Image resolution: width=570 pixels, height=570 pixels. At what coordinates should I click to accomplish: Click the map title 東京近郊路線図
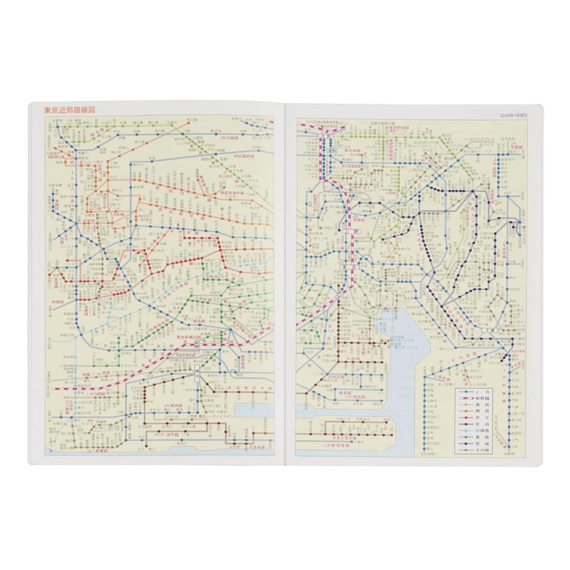[x=70, y=110]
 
